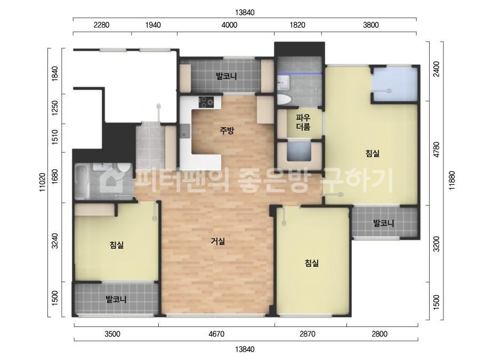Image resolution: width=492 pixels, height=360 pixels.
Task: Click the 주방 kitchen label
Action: pos(227,130)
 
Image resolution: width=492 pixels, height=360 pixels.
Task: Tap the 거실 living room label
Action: pos(218,241)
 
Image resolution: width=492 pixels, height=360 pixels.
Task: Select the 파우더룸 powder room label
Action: pos(303,122)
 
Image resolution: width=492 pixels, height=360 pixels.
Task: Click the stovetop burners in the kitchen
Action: pos(206,101)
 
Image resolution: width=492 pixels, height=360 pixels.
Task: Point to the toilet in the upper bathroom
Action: pos(284,99)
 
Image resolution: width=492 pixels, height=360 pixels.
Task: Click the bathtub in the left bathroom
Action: pos(83,182)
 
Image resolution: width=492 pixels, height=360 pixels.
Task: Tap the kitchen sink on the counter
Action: pos(185,131)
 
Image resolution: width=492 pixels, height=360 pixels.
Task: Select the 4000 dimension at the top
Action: pos(229,25)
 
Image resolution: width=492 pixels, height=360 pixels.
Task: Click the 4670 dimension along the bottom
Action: pos(216,334)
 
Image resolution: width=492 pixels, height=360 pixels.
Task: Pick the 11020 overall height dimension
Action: pos(43,182)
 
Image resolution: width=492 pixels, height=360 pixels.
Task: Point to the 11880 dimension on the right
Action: pos(452,181)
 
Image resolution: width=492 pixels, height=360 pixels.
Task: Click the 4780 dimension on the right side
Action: pos(436,150)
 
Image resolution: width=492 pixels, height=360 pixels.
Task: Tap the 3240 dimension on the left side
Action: pos(55,241)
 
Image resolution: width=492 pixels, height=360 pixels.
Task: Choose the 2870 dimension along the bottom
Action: pos(308,334)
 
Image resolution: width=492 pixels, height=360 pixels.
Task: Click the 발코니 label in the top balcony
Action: pos(226,76)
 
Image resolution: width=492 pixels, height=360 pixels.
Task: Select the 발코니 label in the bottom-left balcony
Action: pos(116,299)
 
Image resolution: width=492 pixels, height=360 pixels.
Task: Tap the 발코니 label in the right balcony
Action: pos(383,223)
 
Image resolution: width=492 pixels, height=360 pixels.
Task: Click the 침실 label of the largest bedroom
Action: pos(373,153)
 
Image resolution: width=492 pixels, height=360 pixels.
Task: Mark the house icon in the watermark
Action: pos(111,180)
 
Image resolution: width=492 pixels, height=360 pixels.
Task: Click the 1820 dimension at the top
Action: pos(297,25)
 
